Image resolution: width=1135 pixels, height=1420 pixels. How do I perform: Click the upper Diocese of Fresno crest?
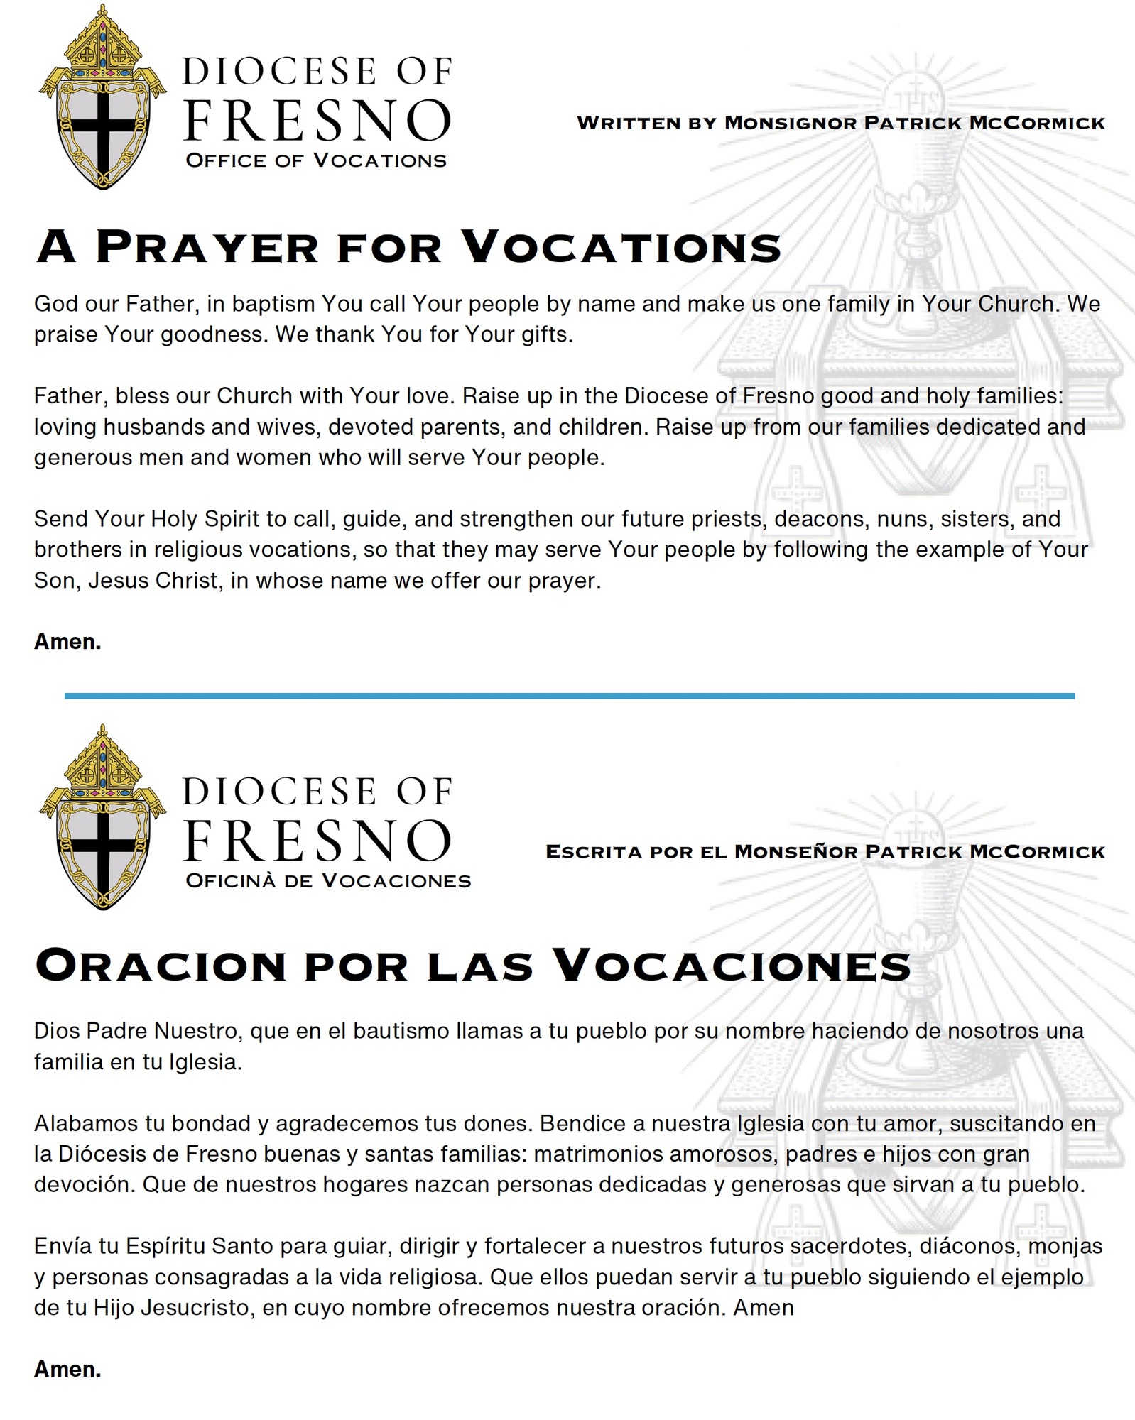tap(102, 99)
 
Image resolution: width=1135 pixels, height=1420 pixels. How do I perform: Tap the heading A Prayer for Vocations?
tap(409, 246)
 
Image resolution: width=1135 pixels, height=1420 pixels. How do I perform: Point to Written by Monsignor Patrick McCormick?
tap(841, 123)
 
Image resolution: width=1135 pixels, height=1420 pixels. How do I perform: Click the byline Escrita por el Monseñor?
tap(825, 851)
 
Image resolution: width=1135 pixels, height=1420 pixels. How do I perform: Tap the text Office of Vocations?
tap(316, 160)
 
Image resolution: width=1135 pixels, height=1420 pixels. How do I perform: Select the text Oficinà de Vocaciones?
tap(328, 880)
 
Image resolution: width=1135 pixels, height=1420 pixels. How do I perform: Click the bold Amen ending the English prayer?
tap(67, 641)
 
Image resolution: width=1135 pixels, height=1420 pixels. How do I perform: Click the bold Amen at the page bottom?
tap(67, 1369)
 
